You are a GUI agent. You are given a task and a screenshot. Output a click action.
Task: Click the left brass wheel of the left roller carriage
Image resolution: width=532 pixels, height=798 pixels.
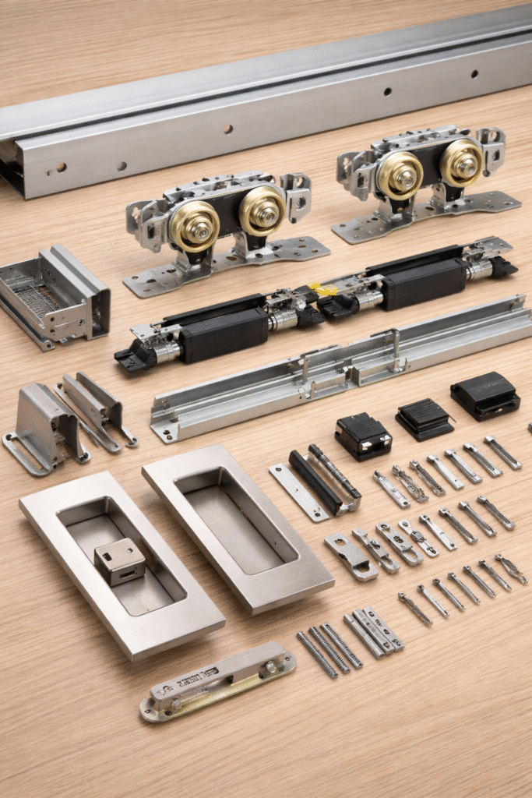[x=195, y=225]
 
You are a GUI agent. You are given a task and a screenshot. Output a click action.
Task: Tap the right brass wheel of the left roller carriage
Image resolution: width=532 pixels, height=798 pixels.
[x=262, y=211]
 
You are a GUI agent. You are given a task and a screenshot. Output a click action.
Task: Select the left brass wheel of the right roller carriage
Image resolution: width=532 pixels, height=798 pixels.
[x=400, y=175]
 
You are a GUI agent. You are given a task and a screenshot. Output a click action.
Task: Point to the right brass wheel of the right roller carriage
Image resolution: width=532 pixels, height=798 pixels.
[x=461, y=163]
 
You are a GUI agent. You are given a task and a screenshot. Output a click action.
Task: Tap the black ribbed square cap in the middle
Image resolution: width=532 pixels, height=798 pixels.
[x=425, y=420]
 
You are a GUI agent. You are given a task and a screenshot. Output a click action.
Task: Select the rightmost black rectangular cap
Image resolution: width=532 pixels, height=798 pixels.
[x=485, y=394]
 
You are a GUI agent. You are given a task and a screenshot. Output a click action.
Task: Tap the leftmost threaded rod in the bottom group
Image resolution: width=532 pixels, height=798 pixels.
[x=316, y=654]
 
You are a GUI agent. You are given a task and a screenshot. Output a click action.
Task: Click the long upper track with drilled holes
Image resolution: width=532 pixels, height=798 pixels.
[x=265, y=109]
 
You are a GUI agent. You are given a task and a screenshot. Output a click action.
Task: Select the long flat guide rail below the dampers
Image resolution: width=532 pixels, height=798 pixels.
[x=343, y=369]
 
